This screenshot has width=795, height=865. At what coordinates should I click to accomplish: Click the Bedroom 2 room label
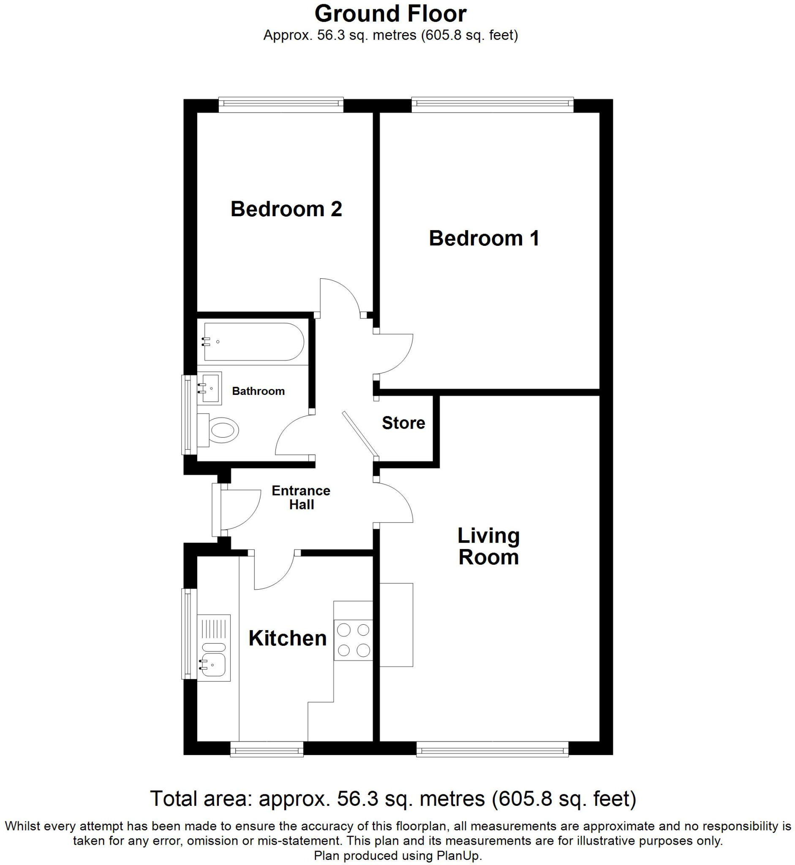pos(286,209)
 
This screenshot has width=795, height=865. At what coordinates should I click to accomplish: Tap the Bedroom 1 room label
pos(484,238)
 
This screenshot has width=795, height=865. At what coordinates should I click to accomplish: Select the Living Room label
pos(488,546)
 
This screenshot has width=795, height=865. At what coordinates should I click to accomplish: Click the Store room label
pos(403,423)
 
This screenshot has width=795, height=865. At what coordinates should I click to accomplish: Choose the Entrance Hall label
pos(301,498)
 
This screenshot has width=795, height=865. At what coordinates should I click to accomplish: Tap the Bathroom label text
pos(258,391)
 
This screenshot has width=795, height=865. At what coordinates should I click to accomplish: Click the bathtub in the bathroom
pos(254,342)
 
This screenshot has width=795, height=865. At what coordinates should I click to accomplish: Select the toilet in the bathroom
pos(218,430)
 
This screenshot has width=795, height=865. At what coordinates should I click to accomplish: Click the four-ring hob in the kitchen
pos(353,640)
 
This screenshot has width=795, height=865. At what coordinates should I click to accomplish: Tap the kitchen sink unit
pos(214,648)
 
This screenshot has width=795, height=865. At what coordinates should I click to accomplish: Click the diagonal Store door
pos(360,434)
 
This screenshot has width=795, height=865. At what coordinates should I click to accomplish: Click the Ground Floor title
pos(391,14)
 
